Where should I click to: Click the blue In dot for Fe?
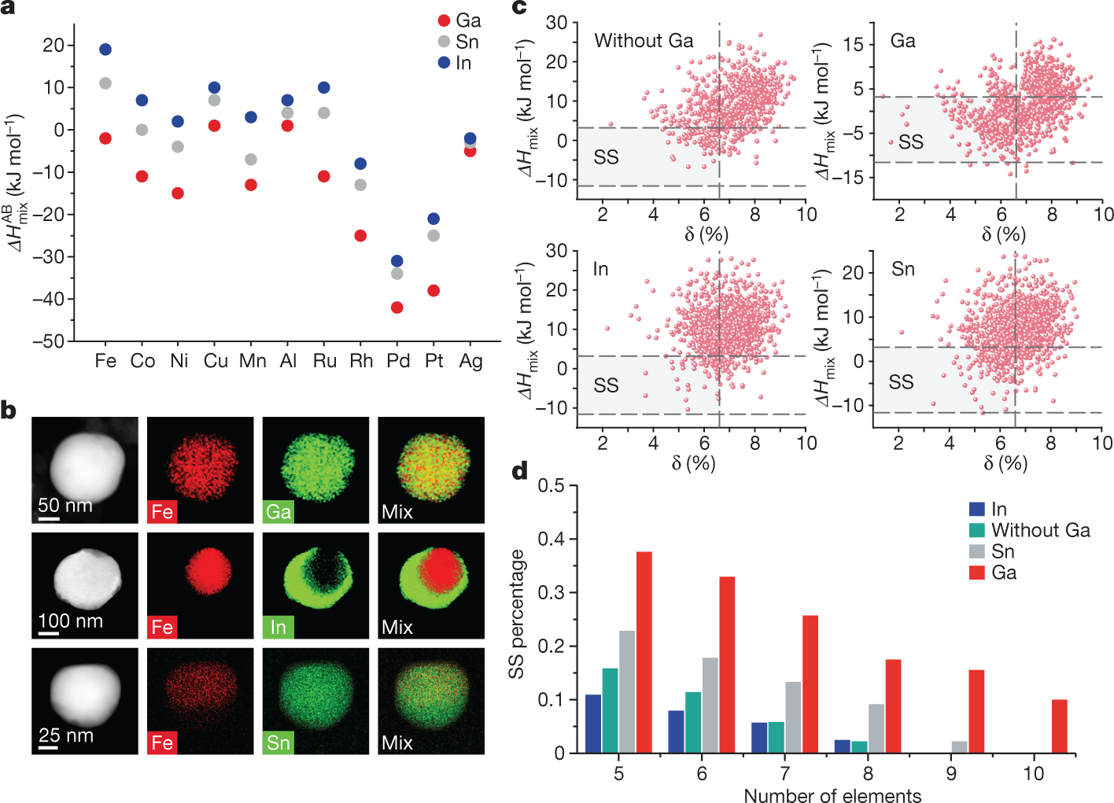105,50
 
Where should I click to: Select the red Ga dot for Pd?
397,308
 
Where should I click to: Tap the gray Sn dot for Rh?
360,185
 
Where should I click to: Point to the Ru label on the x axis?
324,361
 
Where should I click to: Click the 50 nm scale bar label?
65,505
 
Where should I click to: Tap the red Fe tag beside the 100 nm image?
162,627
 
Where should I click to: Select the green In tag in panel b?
278,627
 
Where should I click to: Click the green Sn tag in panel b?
278,742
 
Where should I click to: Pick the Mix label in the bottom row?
397,742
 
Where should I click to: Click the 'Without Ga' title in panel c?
644,41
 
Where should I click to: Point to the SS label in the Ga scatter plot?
910,142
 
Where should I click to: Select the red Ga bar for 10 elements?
1059,726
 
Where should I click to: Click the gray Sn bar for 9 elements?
959,747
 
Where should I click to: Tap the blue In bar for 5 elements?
593,724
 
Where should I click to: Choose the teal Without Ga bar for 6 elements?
693,722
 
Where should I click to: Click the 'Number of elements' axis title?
832,795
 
